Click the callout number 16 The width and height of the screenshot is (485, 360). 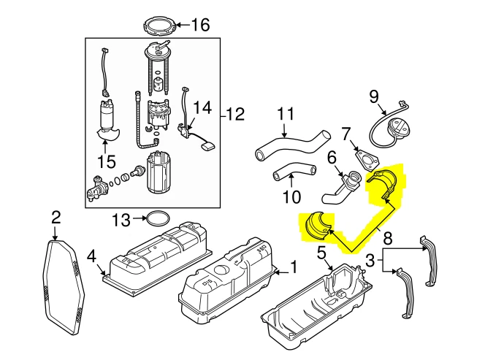point(199,25)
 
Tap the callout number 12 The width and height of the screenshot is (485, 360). point(236,114)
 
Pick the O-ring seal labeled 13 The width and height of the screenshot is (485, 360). point(155,218)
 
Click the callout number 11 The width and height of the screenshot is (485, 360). point(285,115)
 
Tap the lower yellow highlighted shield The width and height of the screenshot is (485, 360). point(317,226)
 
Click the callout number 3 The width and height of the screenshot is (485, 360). point(371,259)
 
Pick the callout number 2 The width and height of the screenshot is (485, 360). point(56,216)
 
